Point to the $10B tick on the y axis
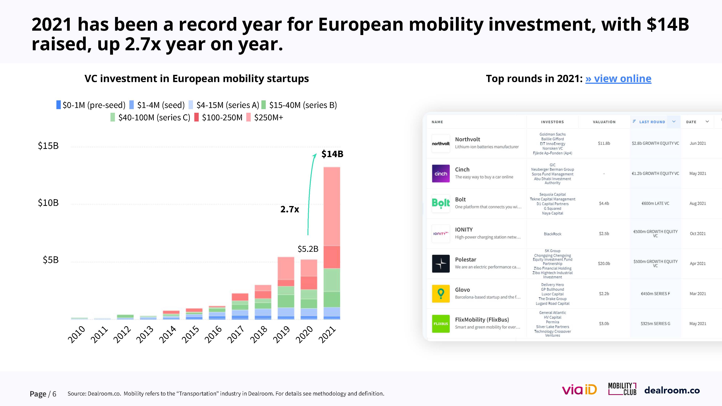point(48,203)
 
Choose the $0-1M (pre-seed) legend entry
point(91,105)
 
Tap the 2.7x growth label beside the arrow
point(290,209)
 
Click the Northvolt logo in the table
point(441,143)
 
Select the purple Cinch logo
point(441,173)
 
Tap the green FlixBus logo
point(441,324)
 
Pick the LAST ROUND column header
point(652,122)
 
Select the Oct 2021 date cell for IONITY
point(698,234)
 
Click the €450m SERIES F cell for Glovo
point(655,294)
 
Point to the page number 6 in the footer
point(54,394)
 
